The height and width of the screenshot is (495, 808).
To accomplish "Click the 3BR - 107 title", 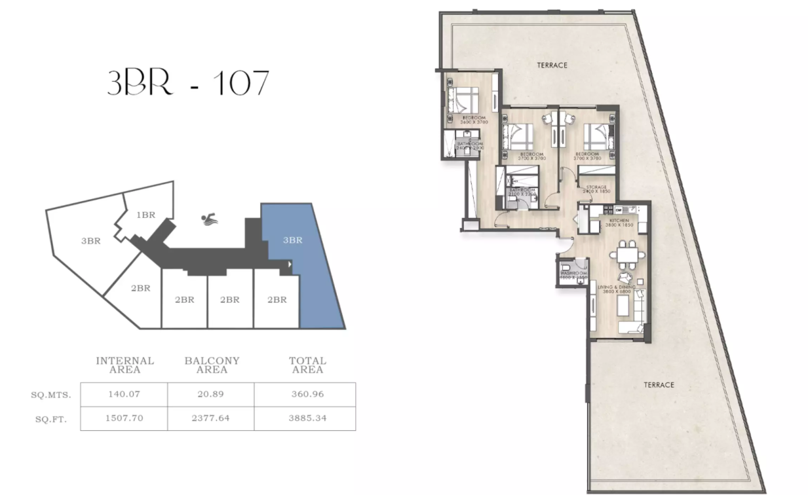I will click(x=188, y=83).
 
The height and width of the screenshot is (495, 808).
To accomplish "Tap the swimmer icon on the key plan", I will click(x=210, y=219).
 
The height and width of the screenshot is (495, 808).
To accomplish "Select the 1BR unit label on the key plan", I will click(x=145, y=215).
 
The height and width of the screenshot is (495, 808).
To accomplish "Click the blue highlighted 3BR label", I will click(x=292, y=240).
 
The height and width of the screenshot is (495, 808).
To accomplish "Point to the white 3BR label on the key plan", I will click(x=90, y=241).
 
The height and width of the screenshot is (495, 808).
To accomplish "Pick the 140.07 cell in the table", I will click(x=124, y=394).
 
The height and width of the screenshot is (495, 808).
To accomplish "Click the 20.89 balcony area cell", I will click(x=211, y=394).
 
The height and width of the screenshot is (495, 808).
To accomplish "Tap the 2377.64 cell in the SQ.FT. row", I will click(x=211, y=418).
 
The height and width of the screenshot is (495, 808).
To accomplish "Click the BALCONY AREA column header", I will click(x=212, y=365).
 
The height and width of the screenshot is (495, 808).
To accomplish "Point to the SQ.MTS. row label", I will click(x=51, y=395).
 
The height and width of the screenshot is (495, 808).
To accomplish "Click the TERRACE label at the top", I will click(x=552, y=65).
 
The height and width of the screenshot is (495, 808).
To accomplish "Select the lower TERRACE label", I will click(x=659, y=385).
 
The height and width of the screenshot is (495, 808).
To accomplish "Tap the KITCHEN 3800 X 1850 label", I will click(x=619, y=223).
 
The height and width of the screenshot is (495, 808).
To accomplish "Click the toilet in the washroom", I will click(x=566, y=266).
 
